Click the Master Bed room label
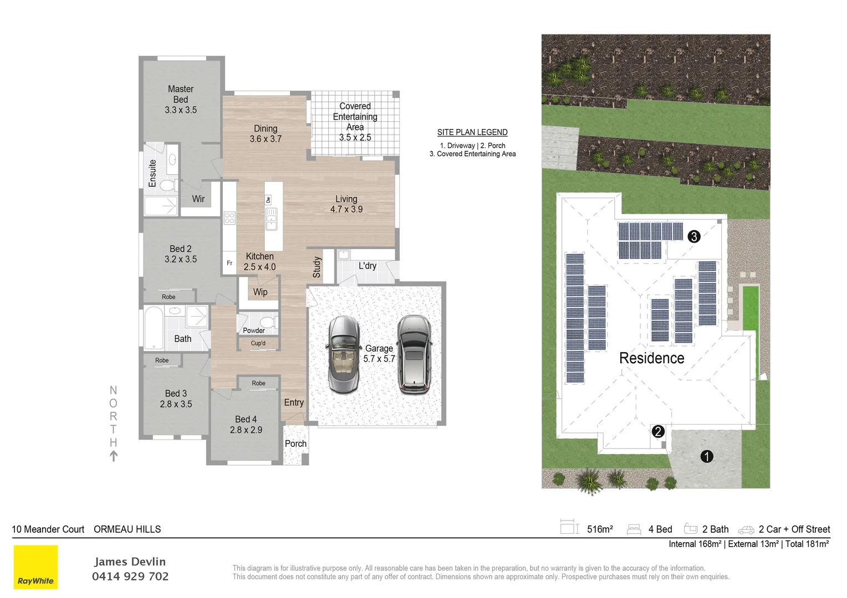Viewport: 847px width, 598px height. tap(181, 99)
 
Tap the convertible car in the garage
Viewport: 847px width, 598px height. tap(343, 354)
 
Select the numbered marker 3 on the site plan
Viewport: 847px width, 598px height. tap(693, 236)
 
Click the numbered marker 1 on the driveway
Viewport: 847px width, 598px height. tap(707, 456)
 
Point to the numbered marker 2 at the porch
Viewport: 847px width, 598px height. tap(658, 431)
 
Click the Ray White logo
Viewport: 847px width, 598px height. tap(35, 567)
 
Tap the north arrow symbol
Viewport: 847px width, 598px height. tap(114, 456)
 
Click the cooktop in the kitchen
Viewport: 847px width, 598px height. tap(229, 218)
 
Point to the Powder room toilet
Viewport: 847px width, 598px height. tap(268, 322)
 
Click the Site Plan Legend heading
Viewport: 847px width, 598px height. tap(472, 132)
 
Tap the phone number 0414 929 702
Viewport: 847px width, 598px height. tap(130, 576)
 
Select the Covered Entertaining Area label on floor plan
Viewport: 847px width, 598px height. tap(355, 121)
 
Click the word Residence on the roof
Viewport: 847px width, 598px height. tap(651, 358)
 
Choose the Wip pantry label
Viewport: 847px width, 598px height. tap(260, 292)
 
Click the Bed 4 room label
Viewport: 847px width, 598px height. tap(246, 424)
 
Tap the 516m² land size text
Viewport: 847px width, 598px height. tap(600, 529)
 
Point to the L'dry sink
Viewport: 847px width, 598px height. tap(343, 255)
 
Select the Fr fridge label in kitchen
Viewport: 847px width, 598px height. tap(229, 264)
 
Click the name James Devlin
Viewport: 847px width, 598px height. tap(130, 561)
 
